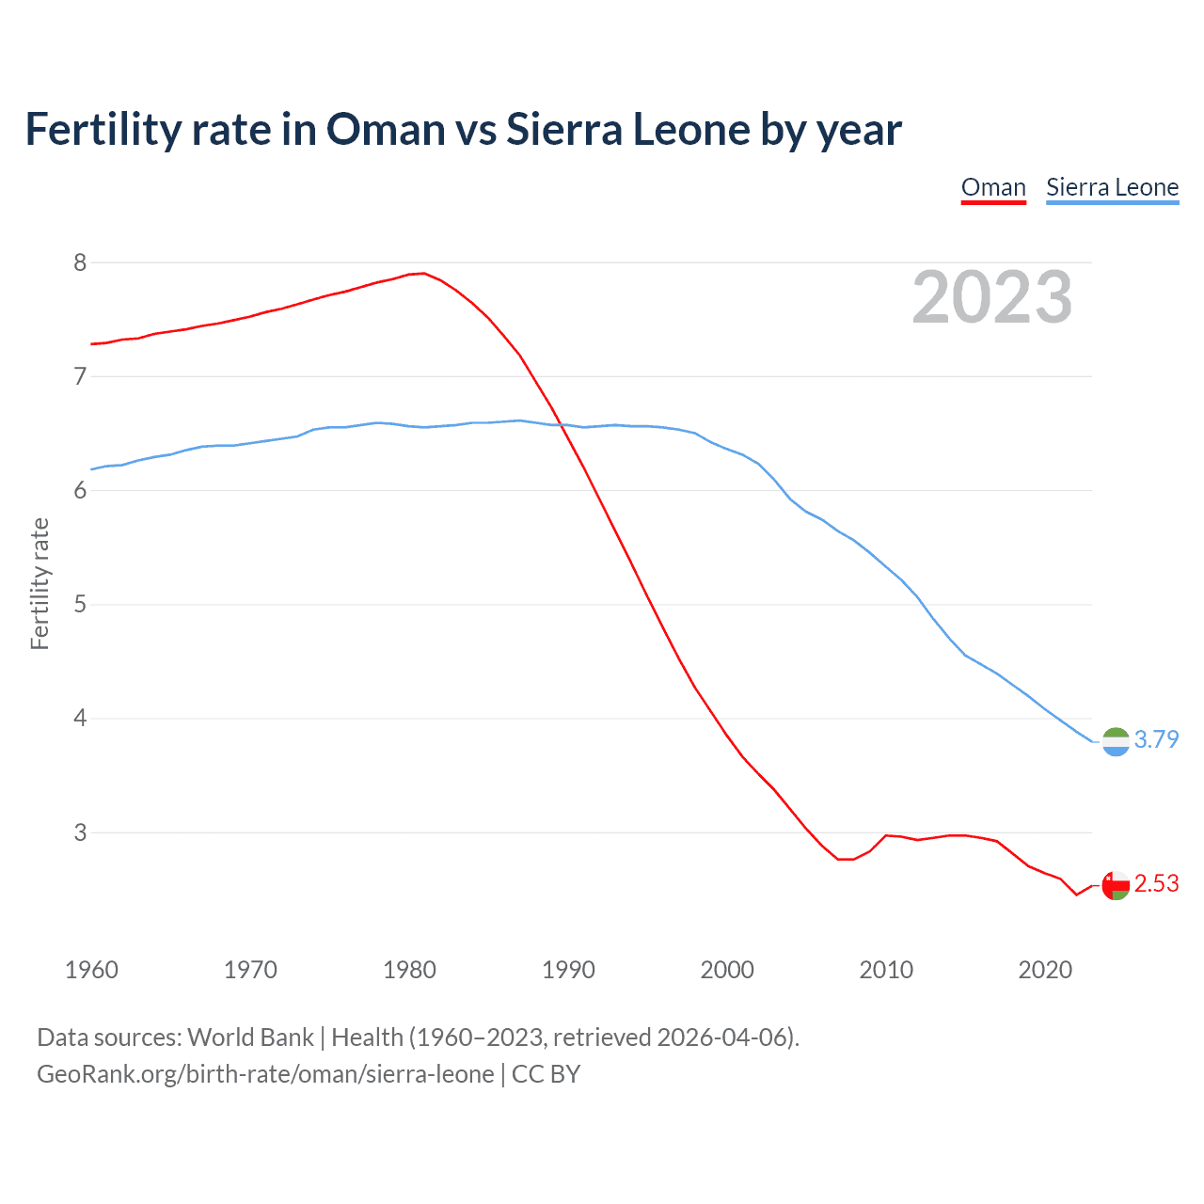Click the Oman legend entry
[x=993, y=187]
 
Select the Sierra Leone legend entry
[x=1112, y=187]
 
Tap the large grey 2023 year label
[x=991, y=297]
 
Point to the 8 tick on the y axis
[x=80, y=262]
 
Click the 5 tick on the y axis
[x=80, y=604]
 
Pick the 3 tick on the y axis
[x=80, y=832]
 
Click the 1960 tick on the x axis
[x=91, y=970]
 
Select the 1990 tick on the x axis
[x=568, y=970]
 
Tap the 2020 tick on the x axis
[x=1045, y=970]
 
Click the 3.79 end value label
[x=1156, y=739]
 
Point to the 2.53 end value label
[x=1156, y=883]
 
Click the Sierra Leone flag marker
[x=1116, y=742]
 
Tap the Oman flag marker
[x=1116, y=885]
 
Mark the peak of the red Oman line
[x=423, y=273]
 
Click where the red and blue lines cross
[x=562, y=425]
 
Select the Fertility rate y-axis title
[x=40, y=583]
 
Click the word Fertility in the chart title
[x=103, y=129]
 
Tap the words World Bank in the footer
[x=250, y=1038]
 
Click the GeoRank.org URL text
[x=265, y=1074]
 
